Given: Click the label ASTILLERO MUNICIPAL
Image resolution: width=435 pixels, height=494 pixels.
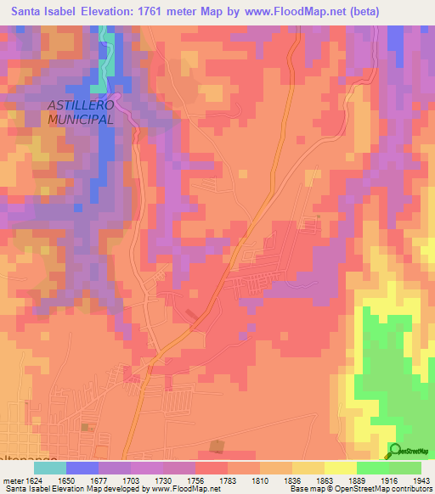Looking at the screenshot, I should coord(81,113).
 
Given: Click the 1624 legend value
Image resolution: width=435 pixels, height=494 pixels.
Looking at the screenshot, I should coord(33,480).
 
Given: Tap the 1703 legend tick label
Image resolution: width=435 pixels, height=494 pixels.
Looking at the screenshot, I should coord(130,480).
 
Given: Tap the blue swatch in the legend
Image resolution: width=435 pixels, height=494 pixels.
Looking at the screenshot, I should coord(82,468).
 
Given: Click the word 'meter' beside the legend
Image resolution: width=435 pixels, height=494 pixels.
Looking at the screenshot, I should coord(12,480).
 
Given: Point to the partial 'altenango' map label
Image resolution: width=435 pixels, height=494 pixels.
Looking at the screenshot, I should coord(21,457).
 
